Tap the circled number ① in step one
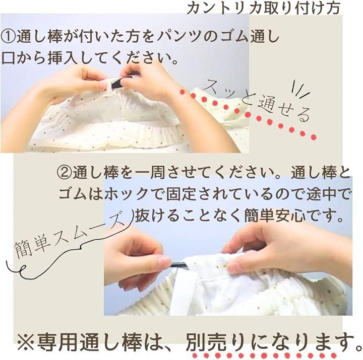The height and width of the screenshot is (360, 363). coord(9,37)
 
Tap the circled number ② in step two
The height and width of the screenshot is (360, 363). coord(65,173)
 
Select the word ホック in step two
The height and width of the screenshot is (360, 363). coord(126,193)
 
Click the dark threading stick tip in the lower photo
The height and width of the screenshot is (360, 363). coord(178,265)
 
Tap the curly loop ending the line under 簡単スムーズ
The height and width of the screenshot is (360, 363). coord(23,269)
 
